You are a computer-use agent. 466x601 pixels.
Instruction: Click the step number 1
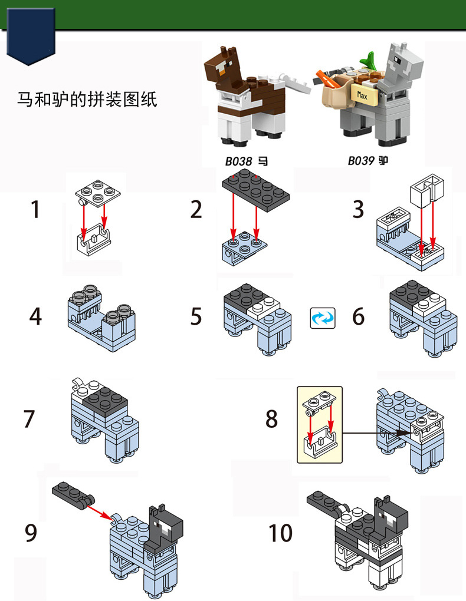(36, 210)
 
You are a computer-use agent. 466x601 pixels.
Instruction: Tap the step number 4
(36, 316)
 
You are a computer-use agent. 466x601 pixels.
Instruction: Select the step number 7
(29, 419)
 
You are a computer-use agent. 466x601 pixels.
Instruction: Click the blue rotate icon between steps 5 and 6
(323, 317)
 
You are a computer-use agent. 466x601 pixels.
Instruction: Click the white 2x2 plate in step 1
(96, 193)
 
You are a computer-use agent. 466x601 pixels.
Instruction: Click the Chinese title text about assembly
(87, 98)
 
